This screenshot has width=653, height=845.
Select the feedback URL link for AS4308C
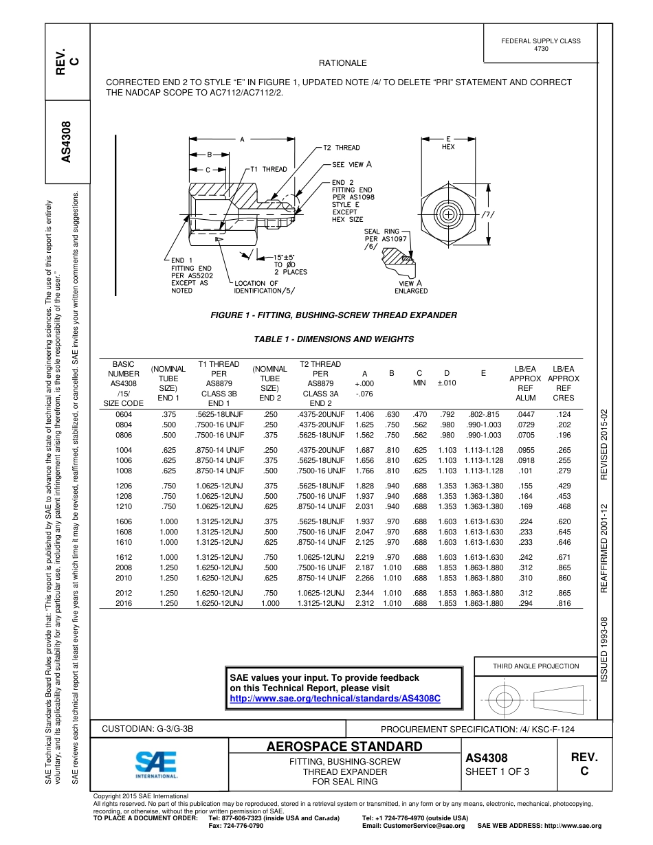[334, 698]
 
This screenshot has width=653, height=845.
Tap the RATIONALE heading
[343, 63]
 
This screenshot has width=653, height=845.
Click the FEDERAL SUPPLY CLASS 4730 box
[540, 45]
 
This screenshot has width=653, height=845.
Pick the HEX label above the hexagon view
[447, 147]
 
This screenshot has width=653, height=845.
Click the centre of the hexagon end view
[448, 214]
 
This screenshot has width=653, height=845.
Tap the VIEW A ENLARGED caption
[411, 287]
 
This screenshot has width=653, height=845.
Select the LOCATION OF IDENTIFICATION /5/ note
[265, 287]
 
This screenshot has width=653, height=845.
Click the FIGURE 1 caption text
[333, 315]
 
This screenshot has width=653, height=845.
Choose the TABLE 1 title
[333, 339]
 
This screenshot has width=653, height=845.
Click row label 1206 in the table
[124, 485]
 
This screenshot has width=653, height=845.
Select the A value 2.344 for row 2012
[364, 592]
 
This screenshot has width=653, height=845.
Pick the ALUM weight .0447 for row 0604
[526, 415]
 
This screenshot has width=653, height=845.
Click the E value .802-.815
[483, 415]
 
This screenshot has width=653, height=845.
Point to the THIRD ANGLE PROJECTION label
[535, 666]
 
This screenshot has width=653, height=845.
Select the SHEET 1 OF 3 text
[496, 771]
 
